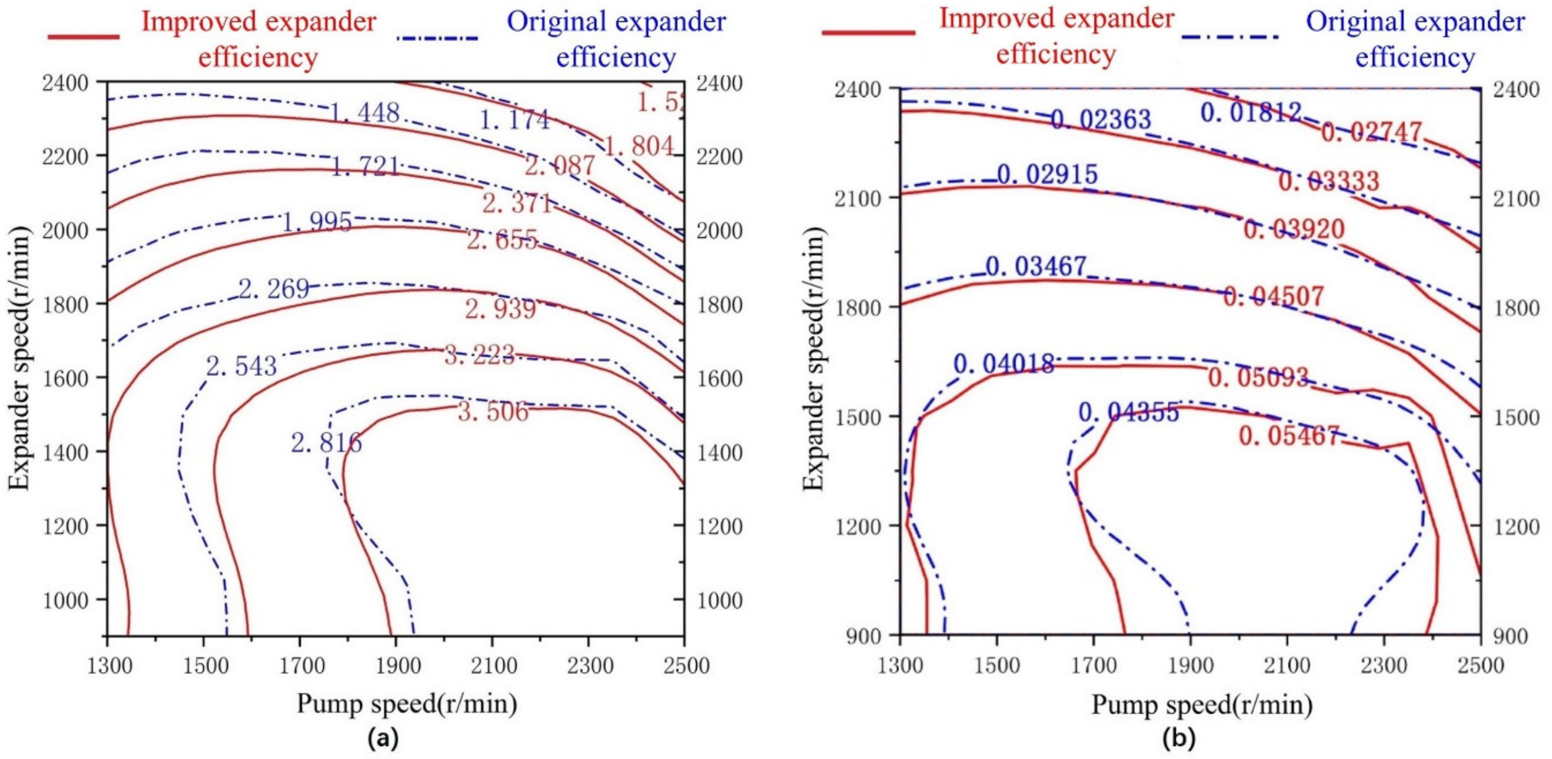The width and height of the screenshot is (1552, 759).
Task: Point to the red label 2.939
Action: click(500, 310)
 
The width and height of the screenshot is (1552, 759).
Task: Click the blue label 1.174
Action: click(515, 120)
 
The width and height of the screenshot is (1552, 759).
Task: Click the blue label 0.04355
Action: click(1128, 413)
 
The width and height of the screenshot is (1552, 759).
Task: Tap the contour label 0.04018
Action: click(1004, 364)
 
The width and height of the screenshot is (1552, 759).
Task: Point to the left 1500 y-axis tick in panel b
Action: click(862, 417)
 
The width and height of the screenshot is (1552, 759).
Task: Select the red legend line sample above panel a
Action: click(84, 37)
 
